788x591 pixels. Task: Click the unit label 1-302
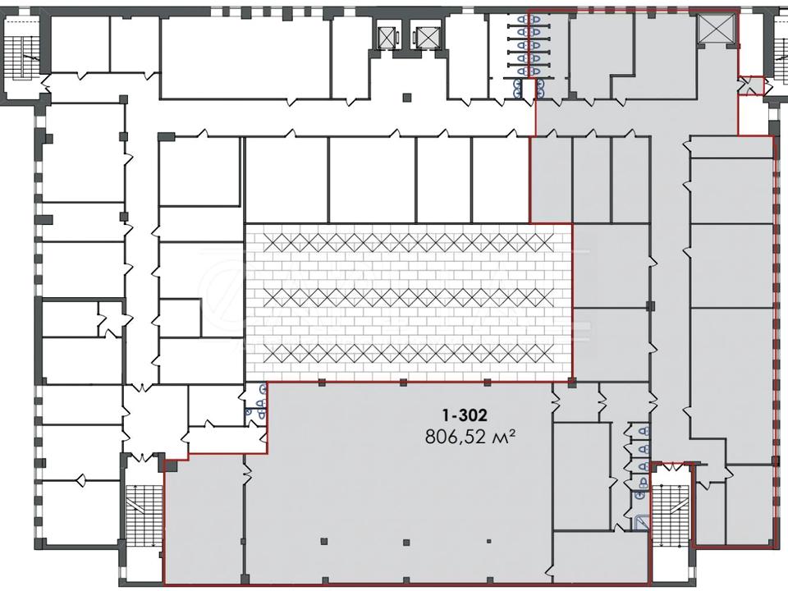465,415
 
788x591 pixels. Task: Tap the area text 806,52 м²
470,437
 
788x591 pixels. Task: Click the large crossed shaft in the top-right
715,28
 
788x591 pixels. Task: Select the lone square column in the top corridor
407,97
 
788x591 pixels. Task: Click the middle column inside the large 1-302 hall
406,543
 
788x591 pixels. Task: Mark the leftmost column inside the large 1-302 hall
323,541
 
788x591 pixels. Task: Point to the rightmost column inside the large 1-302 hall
488,542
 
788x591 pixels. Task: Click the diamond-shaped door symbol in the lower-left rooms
80,480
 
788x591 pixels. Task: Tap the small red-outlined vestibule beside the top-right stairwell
750,85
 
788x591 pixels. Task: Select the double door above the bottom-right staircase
670,468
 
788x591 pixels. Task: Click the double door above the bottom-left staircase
143,457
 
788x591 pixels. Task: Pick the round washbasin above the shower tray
639,496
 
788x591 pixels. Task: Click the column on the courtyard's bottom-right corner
571,383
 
